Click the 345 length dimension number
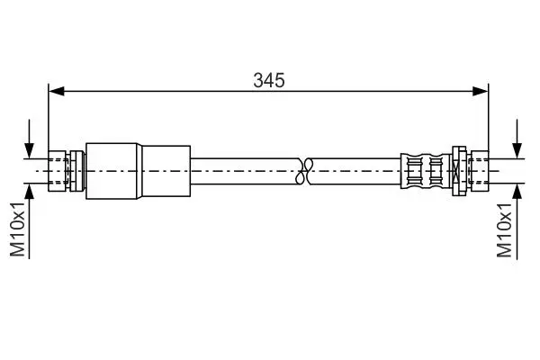point(269,81)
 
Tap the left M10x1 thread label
point(18,229)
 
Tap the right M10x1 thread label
point(505,230)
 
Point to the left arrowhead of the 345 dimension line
point(57,91)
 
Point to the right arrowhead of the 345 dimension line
point(481,91)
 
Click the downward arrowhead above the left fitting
point(30,150)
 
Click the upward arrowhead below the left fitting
point(30,192)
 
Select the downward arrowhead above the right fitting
point(517,150)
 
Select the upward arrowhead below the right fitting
point(517,192)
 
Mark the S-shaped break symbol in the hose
point(304,171)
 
